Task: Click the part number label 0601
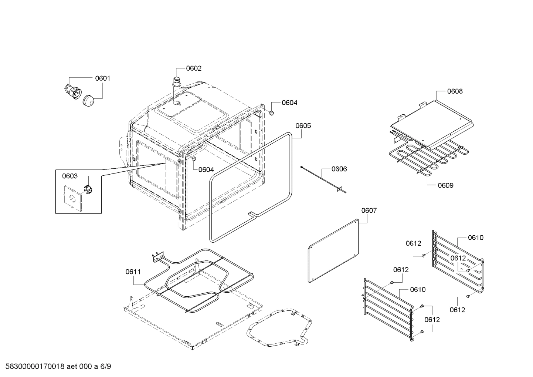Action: tap(102, 78)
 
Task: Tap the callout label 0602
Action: tap(194, 68)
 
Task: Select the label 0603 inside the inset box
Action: tap(70, 176)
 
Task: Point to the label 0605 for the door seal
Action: tap(303, 125)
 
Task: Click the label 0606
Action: tap(339, 169)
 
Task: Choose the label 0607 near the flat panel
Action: tap(369, 211)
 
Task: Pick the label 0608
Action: tap(455, 91)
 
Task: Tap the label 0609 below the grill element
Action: tap(445, 185)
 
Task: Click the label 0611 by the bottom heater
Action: tap(133, 272)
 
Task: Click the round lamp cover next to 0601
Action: tap(89, 101)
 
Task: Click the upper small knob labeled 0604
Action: tap(271, 112)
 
